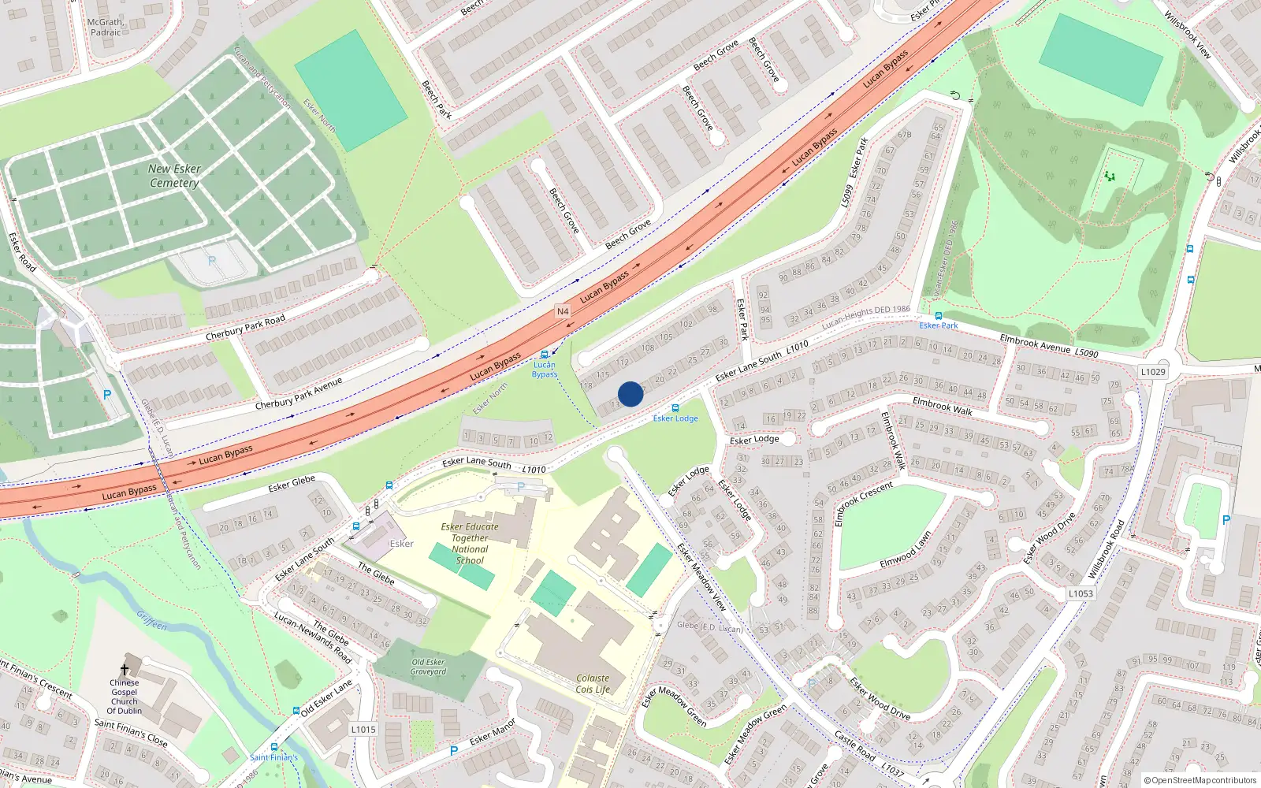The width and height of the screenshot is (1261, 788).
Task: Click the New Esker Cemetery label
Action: coord(174,176)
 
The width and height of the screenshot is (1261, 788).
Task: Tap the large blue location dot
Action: coord(630,394)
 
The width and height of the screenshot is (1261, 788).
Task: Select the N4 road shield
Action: coord(563,311)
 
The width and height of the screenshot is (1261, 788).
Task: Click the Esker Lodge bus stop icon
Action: coord(675,408)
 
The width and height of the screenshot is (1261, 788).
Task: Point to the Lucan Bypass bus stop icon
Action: coord(545,355)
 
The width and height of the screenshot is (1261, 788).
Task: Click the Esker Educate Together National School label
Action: coord(470,544)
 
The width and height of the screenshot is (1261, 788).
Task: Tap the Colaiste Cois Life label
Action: coord(593,683)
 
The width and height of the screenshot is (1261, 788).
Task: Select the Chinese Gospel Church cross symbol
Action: coord(125,670)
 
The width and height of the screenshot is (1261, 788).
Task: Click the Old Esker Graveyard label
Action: coord(428,667)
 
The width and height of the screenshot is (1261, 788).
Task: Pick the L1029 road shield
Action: coord(1153,372)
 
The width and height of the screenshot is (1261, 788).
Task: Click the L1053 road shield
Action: coord(1081,593)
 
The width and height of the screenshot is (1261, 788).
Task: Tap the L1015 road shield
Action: coord(363,729)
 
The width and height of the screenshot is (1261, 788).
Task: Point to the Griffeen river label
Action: coord(152,620)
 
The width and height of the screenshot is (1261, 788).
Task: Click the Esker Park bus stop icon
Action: coord(938,315)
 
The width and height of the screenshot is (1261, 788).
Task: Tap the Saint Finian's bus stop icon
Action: coord(274,747)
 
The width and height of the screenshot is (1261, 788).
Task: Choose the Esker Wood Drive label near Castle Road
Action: coord(880,698)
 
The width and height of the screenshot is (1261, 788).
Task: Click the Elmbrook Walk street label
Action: coord(942,406)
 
